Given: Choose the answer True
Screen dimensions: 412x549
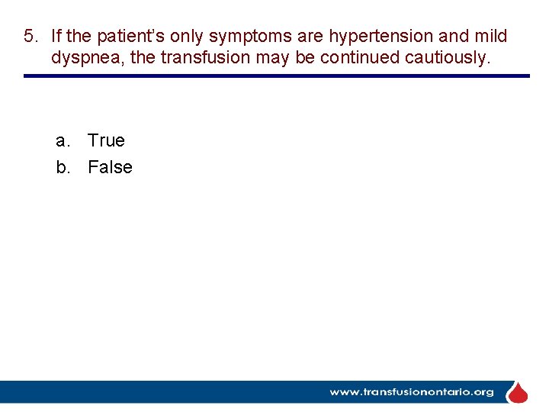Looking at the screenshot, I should pos(106,140).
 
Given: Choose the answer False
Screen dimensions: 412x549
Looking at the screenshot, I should pos(110,167).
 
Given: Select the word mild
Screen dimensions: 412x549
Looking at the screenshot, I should pos(491,37).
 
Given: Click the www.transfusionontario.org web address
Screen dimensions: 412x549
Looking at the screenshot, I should pos(412,392).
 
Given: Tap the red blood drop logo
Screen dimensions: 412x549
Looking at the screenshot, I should pos(518,393).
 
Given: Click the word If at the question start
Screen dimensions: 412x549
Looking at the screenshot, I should pos(57,37).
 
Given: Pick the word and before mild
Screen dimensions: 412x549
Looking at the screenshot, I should pos(454,37).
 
